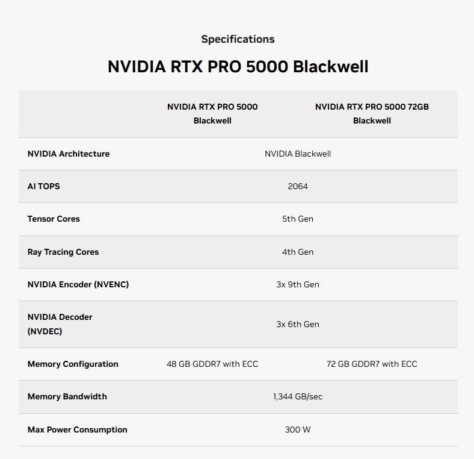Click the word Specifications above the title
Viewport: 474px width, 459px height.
tap(238, 39)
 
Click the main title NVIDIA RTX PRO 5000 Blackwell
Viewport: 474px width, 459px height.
tap(238, 66)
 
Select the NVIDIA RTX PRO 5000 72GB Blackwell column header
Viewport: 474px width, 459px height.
tap(372, 113)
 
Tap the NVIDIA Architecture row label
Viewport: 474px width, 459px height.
tap(69, 154)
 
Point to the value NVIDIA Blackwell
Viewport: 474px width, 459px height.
tap(298, 154)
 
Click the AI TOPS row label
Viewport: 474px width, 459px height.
tap(44, 186)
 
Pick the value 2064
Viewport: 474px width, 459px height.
tap(298, 186)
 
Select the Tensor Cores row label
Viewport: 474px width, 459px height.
tap(54, 219)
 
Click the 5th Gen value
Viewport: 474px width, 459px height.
tap(298, 219)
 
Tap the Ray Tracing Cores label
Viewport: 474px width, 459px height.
tap(63, 252)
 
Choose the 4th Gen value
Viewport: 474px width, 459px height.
tap(298, 252)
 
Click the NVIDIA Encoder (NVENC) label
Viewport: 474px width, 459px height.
tap(78, 284)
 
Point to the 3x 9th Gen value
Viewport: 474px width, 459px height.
tap(298, 284)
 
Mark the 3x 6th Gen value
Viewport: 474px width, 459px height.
tap(298, 324)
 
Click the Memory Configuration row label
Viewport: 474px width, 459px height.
tap(73, 364)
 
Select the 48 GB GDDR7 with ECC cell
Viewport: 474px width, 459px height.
tap(212, 364)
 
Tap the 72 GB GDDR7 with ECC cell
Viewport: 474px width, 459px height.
tap(372, 364)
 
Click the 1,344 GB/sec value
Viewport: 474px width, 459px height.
tap(298, 396)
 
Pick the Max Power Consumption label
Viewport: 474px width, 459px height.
tap(78, 429)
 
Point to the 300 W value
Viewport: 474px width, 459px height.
tap(298, 429)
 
